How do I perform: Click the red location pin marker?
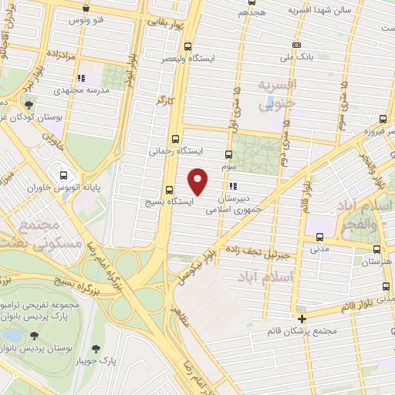198,181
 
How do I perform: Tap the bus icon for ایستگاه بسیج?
170,190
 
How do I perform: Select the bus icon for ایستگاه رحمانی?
176,140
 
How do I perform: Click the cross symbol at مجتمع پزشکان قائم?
302,318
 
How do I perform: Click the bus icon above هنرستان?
376,249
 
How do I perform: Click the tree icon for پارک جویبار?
96,348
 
